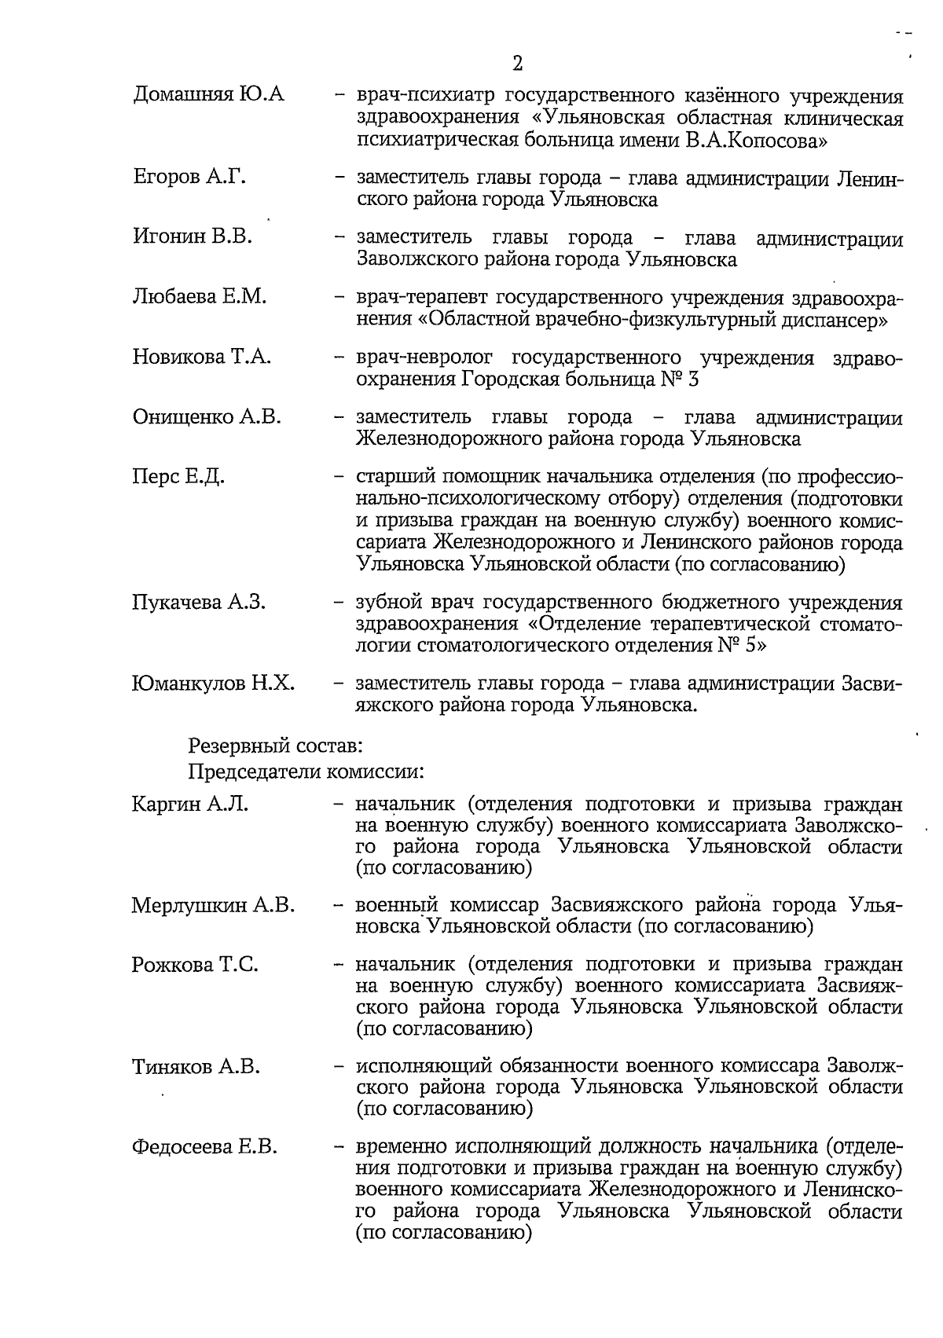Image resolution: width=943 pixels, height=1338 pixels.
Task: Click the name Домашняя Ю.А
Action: coord(208,96)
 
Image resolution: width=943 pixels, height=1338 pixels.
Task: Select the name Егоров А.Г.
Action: coord(189,178)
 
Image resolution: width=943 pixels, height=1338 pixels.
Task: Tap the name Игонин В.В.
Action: coord(193,236)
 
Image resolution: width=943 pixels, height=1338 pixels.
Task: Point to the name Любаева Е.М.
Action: coord(200,297)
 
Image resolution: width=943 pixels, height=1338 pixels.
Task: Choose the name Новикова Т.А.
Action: coord(202,357)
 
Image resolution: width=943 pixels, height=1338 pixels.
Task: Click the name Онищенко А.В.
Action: coord(207,416)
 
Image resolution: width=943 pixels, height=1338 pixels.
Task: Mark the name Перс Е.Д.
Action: coord(178,477)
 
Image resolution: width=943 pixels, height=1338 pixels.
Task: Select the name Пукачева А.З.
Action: coord(199,603)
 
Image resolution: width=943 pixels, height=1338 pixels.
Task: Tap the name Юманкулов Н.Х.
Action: coord(213,683)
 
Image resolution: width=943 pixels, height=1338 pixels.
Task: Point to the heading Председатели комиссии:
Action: coord(306,772)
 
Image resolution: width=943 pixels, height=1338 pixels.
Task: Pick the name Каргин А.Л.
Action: coord(190,804)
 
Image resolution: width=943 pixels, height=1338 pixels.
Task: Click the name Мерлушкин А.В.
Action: coord(213,905)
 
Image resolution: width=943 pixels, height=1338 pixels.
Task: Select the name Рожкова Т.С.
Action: coord(195,965)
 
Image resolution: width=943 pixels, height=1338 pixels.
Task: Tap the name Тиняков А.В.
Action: coord(196,1066)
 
